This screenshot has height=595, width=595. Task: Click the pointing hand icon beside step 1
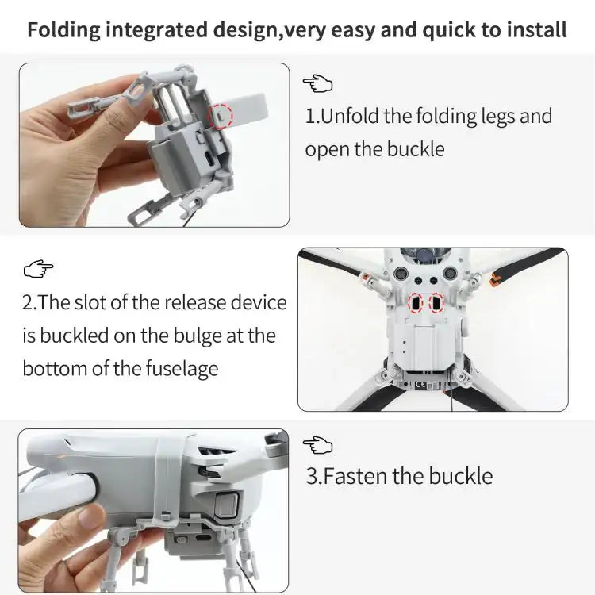point(317,83)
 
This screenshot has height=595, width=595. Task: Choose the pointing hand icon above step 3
point(317,444)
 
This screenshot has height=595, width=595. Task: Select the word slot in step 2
point(103,302)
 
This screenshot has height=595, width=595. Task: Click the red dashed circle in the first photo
point(221,116)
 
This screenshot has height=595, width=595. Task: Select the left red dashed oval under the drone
point(415,304)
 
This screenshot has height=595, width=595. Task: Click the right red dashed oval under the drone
point(436,304)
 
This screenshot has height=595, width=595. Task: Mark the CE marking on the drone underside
point(421,386)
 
